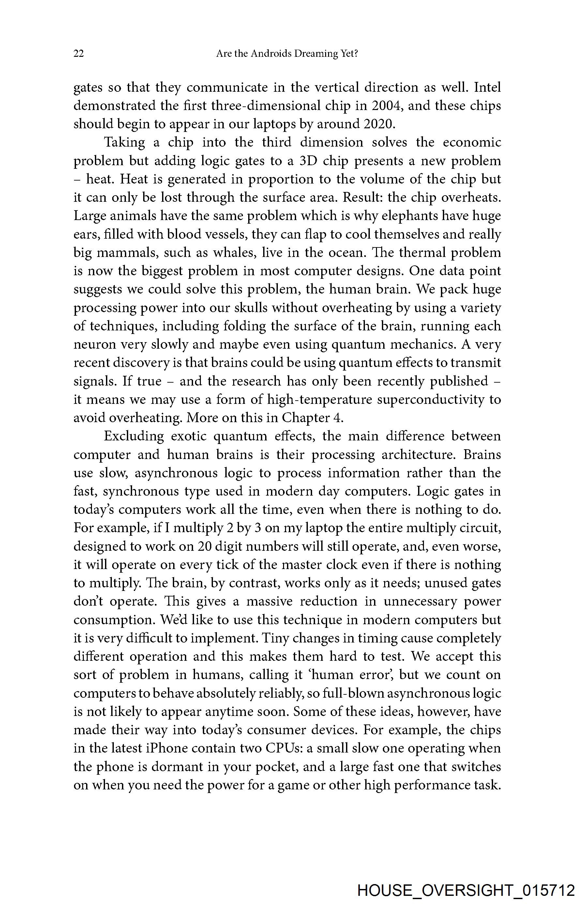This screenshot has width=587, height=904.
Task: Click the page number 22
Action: pos(79,54)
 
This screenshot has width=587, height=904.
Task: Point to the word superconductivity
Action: pos(429,400)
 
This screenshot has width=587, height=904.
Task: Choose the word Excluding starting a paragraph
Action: pos(134,436)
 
